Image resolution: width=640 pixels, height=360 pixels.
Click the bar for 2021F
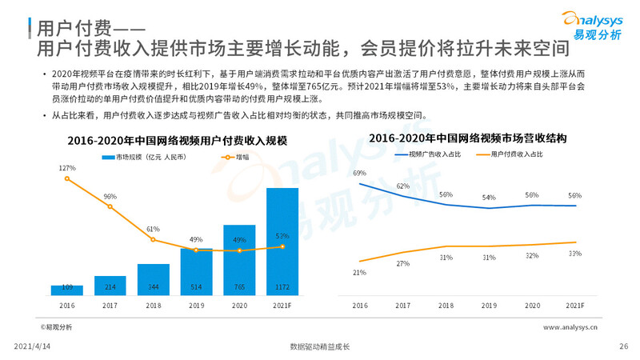282,240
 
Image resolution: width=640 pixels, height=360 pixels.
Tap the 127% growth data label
67,168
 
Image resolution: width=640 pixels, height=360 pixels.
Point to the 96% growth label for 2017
110,196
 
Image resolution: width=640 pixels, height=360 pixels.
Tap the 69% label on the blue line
359,173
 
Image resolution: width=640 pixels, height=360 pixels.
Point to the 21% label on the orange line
359,272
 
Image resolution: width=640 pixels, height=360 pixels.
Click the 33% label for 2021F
574,254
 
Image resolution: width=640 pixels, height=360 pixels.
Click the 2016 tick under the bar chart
67,306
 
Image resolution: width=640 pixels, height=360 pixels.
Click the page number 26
624,346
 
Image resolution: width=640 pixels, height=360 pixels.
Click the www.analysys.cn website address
575,327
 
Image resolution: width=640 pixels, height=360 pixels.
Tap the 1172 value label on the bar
282,286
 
